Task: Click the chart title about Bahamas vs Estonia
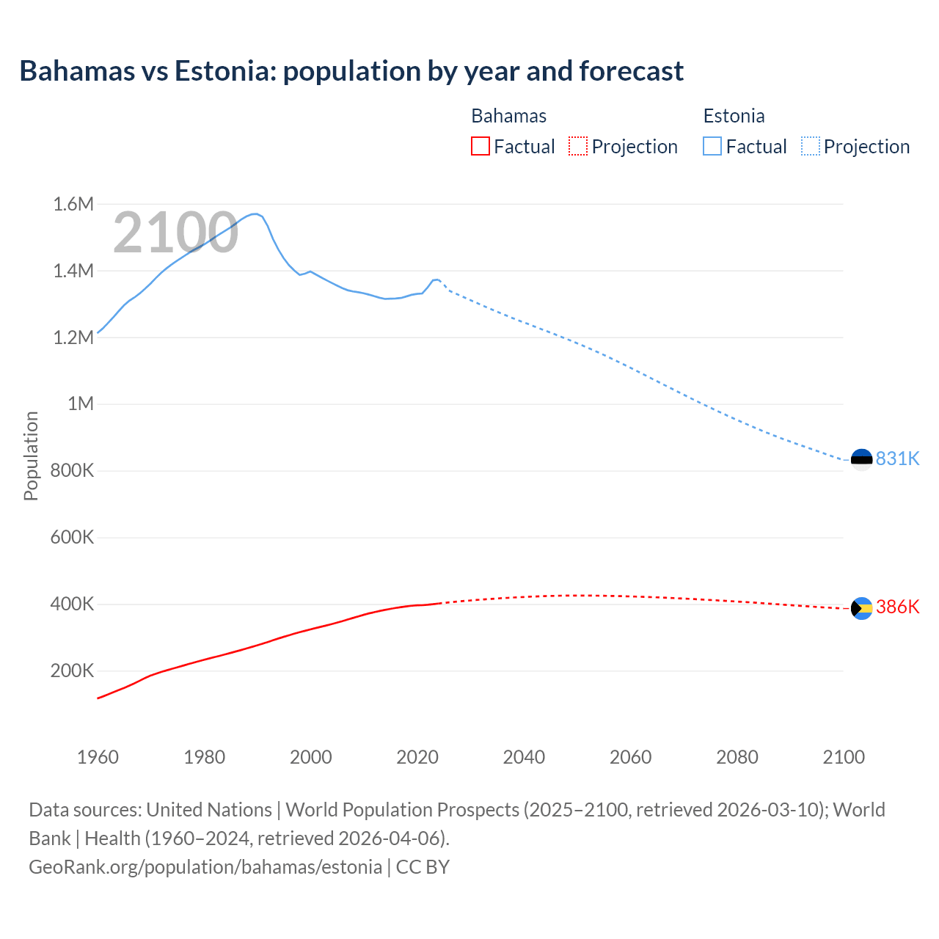tap(351, 71)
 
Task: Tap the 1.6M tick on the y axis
tap(73, 204)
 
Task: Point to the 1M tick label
tap(81, 403)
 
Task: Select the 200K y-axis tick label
tap(72, 671)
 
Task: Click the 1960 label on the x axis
tap(98, 757)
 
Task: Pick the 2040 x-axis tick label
tap(524, 757)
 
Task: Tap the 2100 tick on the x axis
tap(844, 757)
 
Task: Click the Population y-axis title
tap(31, 456)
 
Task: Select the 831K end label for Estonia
tap(897, 458)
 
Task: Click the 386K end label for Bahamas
tap(897, 607)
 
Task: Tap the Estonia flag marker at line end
tap(861, 460)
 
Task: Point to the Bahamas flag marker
tap(861, 608)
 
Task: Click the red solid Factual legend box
tap(480, 146)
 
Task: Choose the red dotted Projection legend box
tap(578, 146)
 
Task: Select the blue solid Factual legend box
tap(712, 146)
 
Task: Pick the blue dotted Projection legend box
tap(810, 146)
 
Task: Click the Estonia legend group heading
tap(734, 116)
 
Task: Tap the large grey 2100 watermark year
tap(175, 233)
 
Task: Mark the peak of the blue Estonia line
tap(255, 213)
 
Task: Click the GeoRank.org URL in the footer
tap(205, 866)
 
